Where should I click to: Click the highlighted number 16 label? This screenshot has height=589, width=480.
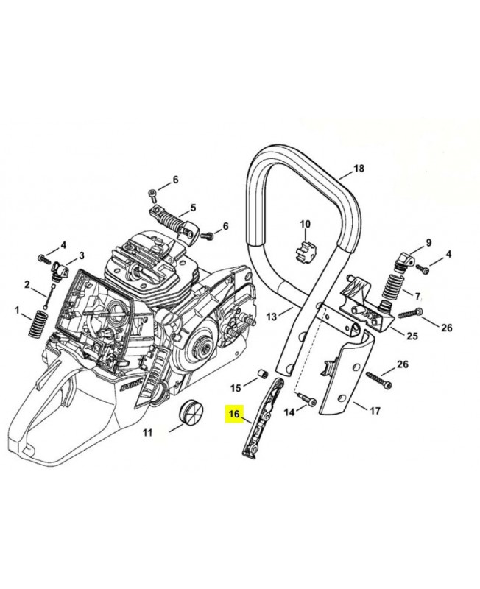(x=235, y=415)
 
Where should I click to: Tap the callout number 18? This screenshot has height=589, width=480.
(x=359, y=169)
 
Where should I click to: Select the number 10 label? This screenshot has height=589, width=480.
(x=305, y=223)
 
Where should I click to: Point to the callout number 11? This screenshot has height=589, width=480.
(x=147, y=434)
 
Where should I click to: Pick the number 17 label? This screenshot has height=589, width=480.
(x=374, y=410)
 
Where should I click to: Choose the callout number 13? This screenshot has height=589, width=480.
(x=272, y=317)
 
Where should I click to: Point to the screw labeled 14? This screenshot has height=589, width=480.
(x=310, y=403)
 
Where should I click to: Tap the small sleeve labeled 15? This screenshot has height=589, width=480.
(x=260, y=375)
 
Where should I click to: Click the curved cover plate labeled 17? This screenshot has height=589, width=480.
(x=345, y=387)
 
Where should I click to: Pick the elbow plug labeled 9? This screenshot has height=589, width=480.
(x=402, y=259)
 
